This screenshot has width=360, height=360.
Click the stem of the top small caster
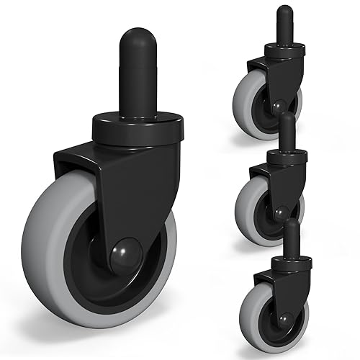pyautogui.click(x=287, y=22)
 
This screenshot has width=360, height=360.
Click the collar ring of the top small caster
pyautogui.click(x=285, y=50)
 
